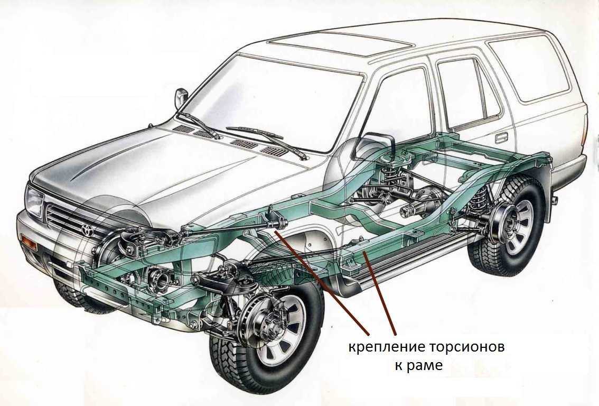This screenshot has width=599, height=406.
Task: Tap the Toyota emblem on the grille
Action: [86, 229]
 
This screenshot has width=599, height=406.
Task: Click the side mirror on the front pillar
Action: [181, 97]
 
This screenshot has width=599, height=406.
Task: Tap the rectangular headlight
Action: [34, 202]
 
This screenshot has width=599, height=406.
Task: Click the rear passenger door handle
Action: [501, 137]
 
